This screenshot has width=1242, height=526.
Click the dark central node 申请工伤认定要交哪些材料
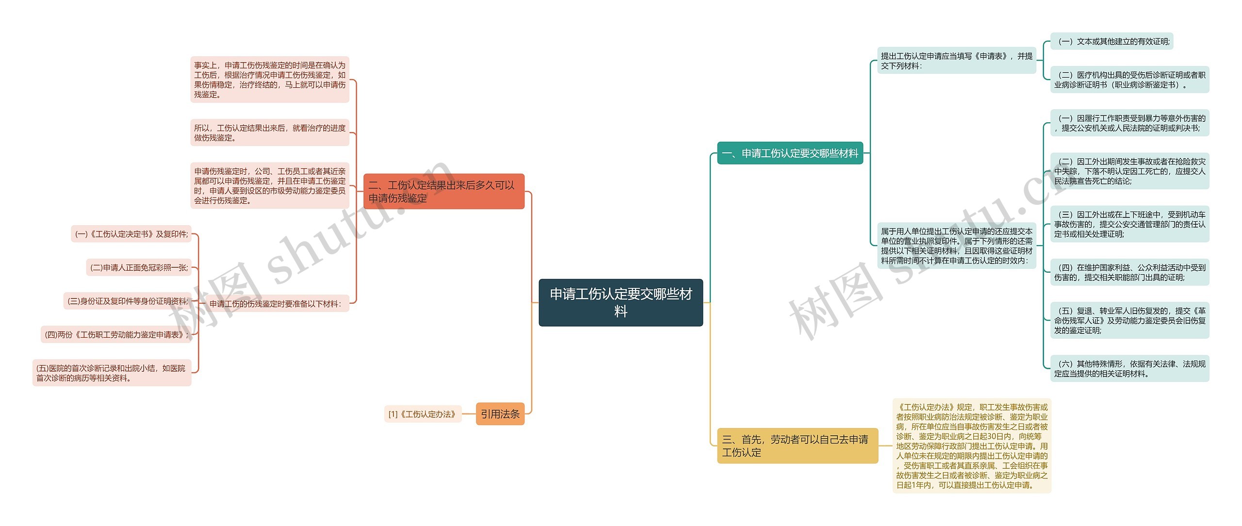click(x=621, y=302)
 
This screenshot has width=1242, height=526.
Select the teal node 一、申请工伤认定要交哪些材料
click(x=790, y=153)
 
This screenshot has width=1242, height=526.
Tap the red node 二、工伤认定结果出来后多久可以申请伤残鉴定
click(x=443, y=192)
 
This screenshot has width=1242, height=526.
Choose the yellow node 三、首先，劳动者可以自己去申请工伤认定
click(x=797, y=445)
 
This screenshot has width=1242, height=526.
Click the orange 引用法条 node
click(x=500, y=414)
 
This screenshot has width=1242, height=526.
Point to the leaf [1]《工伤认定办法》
click(x=422, y=414)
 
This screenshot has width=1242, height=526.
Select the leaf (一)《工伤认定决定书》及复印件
click(x=131, y=234)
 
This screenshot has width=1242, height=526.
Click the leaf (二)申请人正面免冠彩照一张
click(x=139, y=267)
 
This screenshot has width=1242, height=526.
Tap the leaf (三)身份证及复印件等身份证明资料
click(x=127, y=301)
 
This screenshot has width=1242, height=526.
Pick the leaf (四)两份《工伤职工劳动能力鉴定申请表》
click(x=116, y=334)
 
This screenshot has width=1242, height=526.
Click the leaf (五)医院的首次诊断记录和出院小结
click(x=112, y=373)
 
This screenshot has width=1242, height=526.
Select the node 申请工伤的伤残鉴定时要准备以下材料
click(x=275, y=304)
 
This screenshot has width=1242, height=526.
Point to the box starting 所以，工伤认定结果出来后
click(x=269, y=133)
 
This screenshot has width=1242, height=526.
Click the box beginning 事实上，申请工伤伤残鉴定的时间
click(x=269, y=80)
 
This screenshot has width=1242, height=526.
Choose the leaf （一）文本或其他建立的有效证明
click(x=1111, y=42)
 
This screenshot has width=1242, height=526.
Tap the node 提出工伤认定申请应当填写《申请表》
click(x=956, y=61)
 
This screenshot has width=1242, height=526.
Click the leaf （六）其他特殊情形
click(x=1129, y=369)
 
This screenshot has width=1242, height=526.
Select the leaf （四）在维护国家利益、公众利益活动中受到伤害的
click(x=1129, y=272)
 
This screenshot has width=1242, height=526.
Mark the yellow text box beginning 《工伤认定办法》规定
click(x=971, y=446)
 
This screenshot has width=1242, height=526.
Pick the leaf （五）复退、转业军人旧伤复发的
click(x=1129, y=320)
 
